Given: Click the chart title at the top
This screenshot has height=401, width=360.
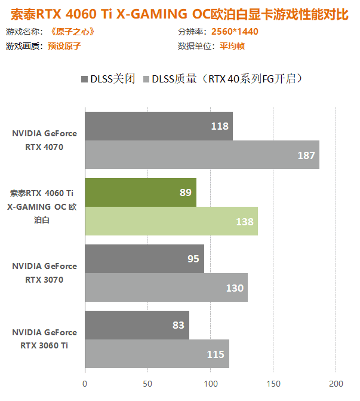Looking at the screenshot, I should [180, 13].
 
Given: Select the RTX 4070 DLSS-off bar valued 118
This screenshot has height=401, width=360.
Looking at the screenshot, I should [158, 126].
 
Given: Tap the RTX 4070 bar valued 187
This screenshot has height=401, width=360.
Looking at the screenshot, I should [202, 155].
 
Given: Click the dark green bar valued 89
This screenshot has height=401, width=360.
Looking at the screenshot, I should [140, 192].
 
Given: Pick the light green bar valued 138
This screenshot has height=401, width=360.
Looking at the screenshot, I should [171, 221].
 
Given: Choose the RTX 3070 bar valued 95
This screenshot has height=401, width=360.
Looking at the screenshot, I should [144, 259].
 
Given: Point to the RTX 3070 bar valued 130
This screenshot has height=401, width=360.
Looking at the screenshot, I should [166, 287].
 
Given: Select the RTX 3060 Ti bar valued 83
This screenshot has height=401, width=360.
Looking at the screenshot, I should [137, 325].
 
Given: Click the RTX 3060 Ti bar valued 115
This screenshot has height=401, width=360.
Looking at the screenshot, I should [156, 354].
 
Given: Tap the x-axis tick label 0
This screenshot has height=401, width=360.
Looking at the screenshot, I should [85, 383].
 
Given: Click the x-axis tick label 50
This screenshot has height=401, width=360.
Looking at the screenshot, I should [147, 383].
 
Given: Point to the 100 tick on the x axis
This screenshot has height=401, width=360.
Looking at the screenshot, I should [210, 383].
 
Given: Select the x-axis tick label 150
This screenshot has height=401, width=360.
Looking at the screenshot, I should [273, 383].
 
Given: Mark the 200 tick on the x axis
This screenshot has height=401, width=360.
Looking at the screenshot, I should [336, 383].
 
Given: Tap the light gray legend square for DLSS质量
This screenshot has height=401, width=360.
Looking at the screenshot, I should [146, 79].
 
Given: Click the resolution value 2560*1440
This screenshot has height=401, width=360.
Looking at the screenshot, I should [235, 32].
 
